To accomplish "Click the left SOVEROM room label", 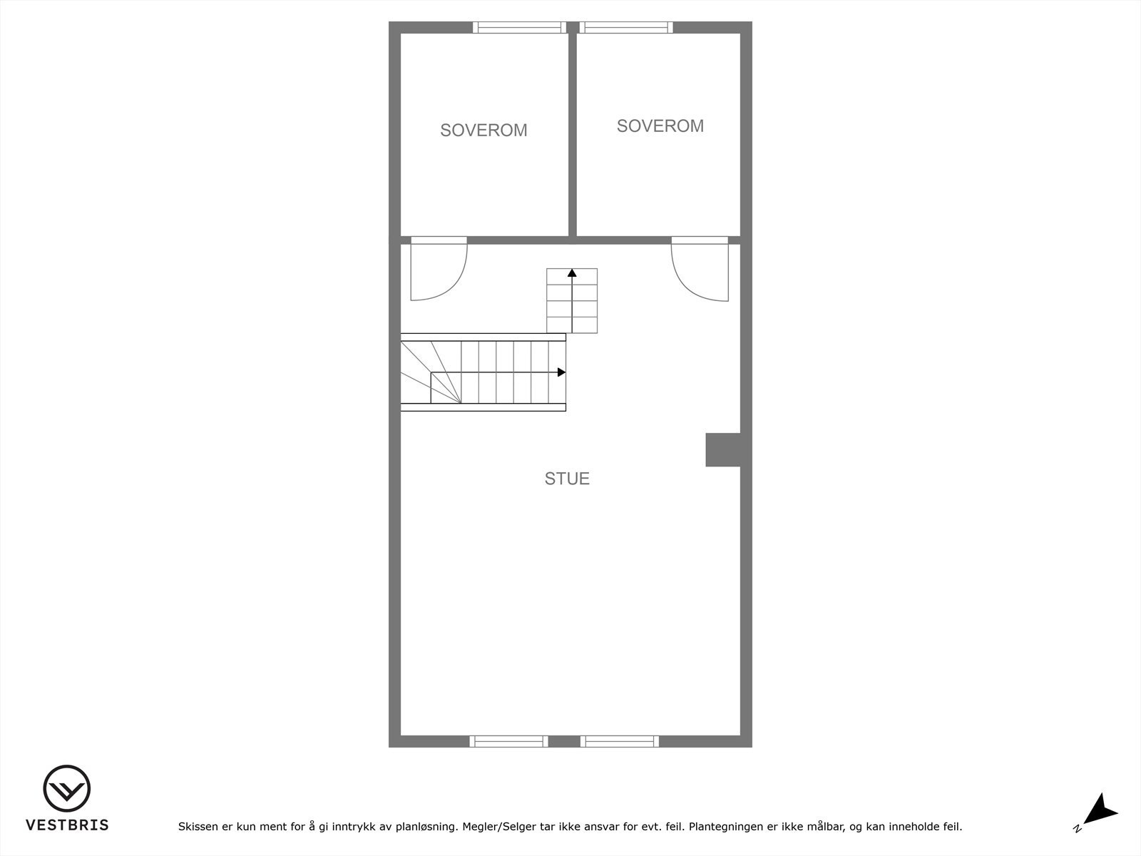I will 483,131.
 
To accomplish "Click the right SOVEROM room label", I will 660,126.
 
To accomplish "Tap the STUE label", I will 567,479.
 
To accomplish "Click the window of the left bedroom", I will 519,28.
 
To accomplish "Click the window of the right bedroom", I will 626,28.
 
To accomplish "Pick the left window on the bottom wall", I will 508,741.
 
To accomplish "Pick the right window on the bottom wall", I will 619,741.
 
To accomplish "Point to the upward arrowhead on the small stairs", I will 572,272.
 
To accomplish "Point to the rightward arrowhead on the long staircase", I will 561,372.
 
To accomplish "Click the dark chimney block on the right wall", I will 723,449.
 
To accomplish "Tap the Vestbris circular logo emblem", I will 67,789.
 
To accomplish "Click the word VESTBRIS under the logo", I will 67,825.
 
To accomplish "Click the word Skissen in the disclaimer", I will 199,827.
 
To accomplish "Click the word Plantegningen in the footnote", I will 726,827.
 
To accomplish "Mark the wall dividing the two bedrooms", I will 572,134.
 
